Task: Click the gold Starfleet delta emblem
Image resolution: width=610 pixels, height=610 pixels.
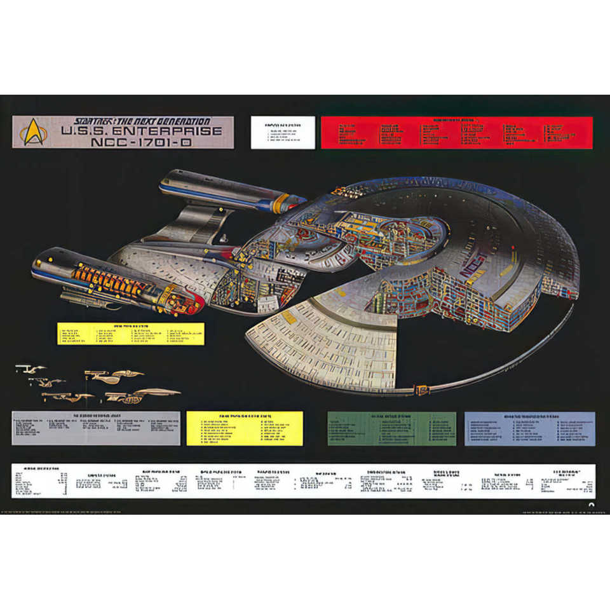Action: coord(32,132)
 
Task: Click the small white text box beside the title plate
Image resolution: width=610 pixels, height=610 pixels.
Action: coord(283,132)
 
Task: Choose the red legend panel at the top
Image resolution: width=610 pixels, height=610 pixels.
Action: coord(456,132)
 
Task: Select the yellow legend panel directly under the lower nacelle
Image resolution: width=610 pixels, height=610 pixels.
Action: coord(131,334)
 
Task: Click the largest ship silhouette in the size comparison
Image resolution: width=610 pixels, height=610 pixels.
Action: coord(141,396)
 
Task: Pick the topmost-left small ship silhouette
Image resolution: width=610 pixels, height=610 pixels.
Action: coord(30,369)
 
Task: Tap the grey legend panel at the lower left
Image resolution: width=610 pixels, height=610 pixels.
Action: coord(95,428)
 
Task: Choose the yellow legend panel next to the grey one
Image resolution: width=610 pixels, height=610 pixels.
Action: coord(245,428)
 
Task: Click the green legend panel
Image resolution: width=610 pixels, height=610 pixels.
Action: coord(391,428)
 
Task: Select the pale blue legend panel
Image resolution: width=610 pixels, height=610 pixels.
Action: coord(529,428)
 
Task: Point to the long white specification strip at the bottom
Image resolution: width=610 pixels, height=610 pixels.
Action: coord(304,480)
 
